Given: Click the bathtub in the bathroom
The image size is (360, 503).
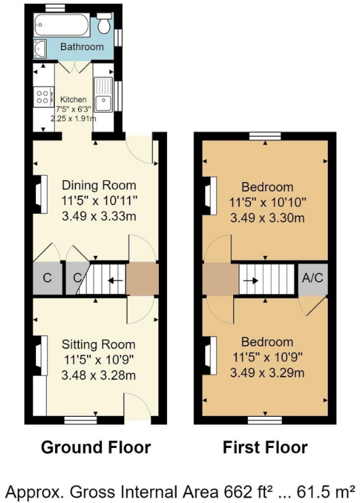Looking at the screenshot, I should click(x=62, y=28).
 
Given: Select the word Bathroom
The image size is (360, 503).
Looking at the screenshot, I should click(x=82, y=47).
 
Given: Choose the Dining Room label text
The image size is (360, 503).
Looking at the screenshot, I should click(x=99, y=185).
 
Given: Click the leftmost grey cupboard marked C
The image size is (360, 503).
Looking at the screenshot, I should click(x=47, y=278).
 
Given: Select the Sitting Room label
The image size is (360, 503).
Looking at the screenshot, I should click(x=98, y=344).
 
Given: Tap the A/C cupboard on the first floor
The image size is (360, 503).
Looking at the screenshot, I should click(x=312, y=278).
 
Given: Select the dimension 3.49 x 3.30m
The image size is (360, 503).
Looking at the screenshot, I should click(x=266, y=218).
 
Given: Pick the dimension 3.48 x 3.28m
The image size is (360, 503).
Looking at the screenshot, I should click(x=98, y=374).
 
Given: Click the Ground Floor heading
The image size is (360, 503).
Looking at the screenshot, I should click(x=96, y=447).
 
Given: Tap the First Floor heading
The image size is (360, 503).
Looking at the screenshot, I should click(x=265, y=447).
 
